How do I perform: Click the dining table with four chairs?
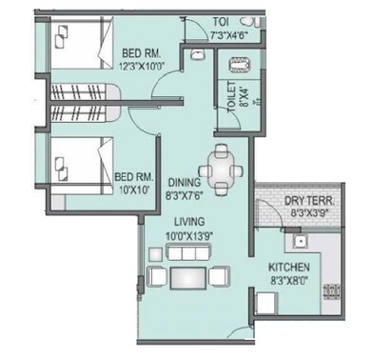click(x=223, y=168)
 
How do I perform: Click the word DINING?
click(x=185, y=182)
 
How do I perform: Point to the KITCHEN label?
click(x=288, y=269)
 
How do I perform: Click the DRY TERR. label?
click(x=308, y=203)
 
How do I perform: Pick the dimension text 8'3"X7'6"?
click(x=186, y=194)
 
